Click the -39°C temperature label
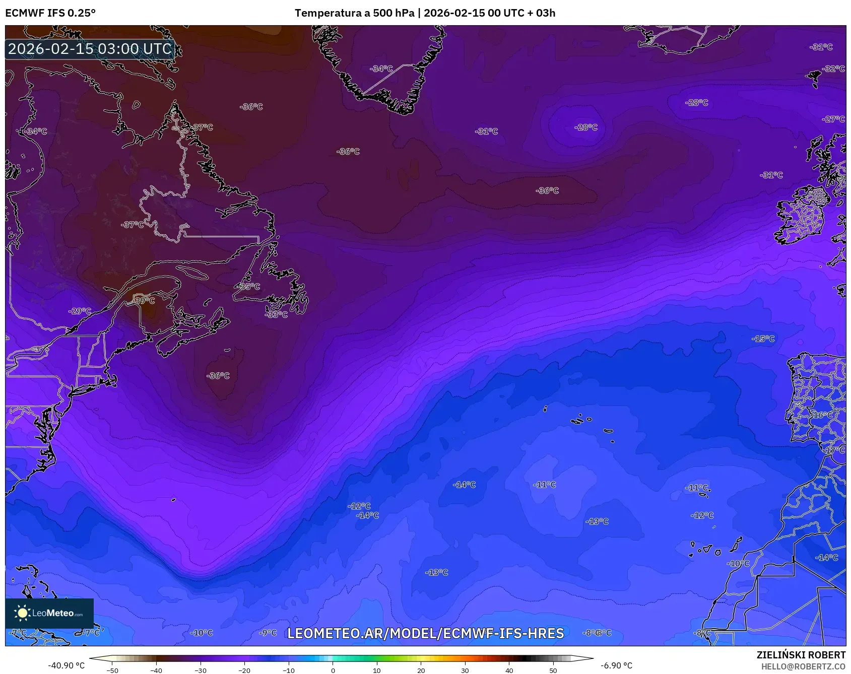click(145, 300)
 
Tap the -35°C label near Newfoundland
click(249, 287)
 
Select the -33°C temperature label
click(276, 314)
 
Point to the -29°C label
click(80, 311)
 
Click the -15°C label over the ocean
click(763, 339)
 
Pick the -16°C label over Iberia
click(822, 415)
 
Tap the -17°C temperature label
click(834, 450)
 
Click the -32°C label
click(833, 69)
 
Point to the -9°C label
click(268, 633)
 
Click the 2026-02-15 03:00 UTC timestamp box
click(90, 49)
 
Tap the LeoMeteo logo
click(49, 613)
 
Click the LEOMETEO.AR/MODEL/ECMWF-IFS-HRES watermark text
click(426, 633)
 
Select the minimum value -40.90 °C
click(67, 665)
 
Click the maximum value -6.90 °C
click(616, 665)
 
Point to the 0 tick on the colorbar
click(333, 670)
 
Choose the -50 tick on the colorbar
click(112, 670)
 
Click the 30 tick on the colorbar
click(465, 670)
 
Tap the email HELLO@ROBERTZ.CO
click(803, 666)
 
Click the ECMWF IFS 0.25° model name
click(50, 13)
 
